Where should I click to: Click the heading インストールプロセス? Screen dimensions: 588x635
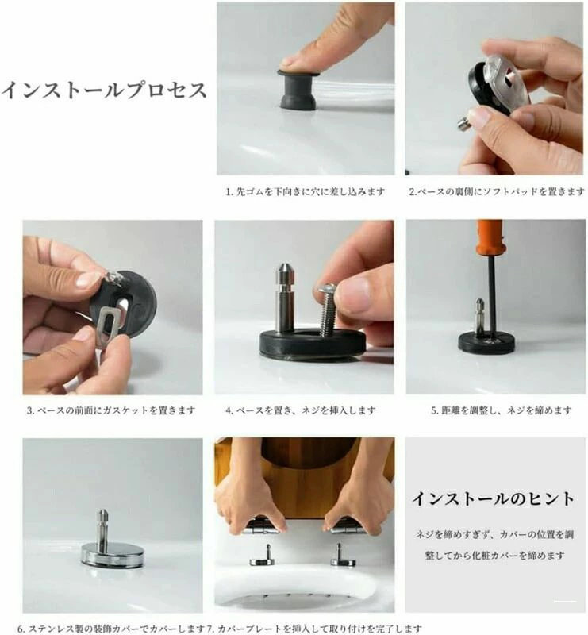point(104,90)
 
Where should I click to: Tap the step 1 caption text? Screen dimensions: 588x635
point(306,191)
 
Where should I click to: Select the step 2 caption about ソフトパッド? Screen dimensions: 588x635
point(497,191)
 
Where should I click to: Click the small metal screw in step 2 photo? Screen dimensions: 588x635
point(464,124)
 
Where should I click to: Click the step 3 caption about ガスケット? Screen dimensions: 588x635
point(111,410)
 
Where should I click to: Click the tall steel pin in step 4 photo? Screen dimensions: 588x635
point(285,298)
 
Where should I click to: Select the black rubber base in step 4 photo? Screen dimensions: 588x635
point(312,344)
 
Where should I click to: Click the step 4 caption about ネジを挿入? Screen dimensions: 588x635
point(301,410)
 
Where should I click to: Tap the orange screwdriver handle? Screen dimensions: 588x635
point(489,240)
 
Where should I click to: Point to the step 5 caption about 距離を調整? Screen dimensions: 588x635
point(502,410)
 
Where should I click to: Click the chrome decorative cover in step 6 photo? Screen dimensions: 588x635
point(112,554)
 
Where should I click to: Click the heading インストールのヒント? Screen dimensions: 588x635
point(494,498)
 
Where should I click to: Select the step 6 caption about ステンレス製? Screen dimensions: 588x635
point(111,629)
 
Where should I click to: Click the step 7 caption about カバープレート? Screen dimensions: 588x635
point(315,629)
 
